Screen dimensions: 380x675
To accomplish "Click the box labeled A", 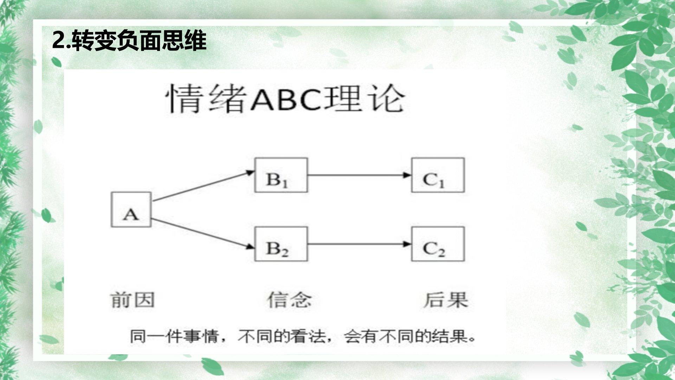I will tap(131, 209).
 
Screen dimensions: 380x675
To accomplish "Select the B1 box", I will tap(281, 175).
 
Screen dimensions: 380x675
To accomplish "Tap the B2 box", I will tap(281, 244).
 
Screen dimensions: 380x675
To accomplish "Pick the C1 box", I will tap(438, 175).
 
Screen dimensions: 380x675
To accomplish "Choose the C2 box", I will tap(438, 244).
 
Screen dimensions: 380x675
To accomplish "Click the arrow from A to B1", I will tap(203, 186).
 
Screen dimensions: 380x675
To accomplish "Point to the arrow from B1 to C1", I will tap(359, 175).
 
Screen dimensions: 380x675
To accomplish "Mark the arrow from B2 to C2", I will tap(359, 244).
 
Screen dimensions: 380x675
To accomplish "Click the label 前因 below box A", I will tap(133, 300).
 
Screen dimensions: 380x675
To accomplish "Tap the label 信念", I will tap(289, 300).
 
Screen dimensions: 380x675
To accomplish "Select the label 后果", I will tap(445, 300).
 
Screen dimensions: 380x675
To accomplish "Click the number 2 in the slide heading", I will tap(58, 41).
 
